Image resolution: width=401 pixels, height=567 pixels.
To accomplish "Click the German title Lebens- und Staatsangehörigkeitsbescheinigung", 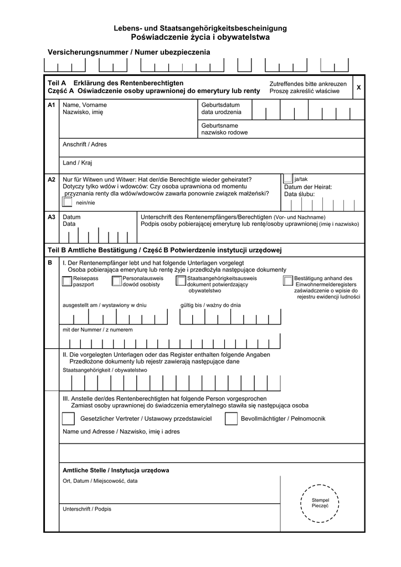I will pos(200,28).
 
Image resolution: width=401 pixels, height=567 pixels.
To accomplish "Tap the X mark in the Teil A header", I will pos(358,88).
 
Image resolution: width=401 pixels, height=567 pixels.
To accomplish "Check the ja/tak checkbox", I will pos(288,178).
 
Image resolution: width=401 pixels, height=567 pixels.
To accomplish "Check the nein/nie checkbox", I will pos(68,202).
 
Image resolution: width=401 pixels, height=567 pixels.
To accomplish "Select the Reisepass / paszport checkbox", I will pos(67,281).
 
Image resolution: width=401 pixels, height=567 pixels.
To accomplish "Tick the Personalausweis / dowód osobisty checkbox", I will pos(116,281).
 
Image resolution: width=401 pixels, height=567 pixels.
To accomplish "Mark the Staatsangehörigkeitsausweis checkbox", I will pos(181,281).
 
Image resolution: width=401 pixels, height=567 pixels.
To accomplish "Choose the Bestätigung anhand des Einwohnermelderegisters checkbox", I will pos(288,281).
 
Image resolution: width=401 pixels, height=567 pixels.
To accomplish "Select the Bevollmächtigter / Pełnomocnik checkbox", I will pos(231,419).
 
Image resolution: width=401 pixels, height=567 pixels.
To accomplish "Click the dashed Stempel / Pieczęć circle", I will pos(320,503).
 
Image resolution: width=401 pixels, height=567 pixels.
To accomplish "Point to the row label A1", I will pos(52,105).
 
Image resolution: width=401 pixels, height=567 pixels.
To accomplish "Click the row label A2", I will pos(52,179).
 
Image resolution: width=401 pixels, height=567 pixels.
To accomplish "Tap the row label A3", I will pos(52,217).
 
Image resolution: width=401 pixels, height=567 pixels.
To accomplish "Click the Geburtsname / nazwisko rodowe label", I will pos(224,129).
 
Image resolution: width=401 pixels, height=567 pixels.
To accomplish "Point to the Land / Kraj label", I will pos(78,163).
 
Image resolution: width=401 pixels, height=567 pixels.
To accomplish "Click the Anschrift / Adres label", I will pos(85,145).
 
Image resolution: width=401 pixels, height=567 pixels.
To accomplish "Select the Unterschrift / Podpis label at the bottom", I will pos(87,509).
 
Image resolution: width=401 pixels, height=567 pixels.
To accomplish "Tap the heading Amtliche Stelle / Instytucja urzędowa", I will pos(116,470).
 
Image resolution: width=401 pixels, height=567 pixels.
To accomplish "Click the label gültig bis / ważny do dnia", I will pos(210,305).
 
